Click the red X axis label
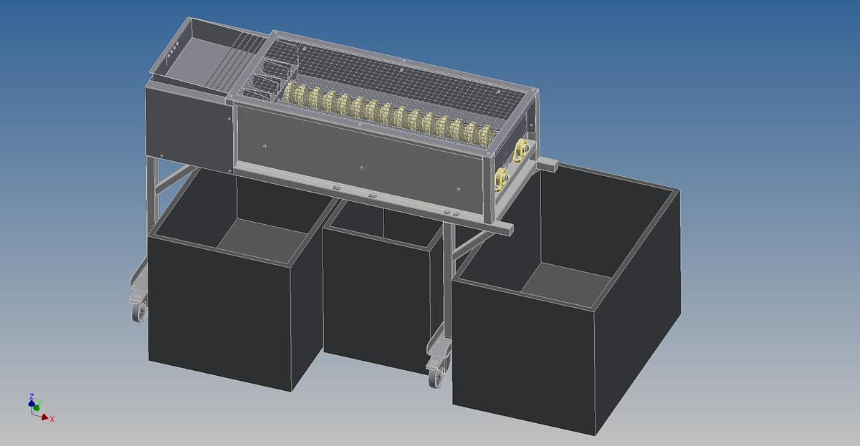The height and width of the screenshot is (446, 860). pos(52,420)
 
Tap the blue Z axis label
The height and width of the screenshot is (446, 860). pos(32,396)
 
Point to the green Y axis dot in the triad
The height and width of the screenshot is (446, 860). pos(37,407)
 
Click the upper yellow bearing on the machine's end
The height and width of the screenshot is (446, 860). pos(521,150)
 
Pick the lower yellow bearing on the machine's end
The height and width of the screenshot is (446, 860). pos(502,179)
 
